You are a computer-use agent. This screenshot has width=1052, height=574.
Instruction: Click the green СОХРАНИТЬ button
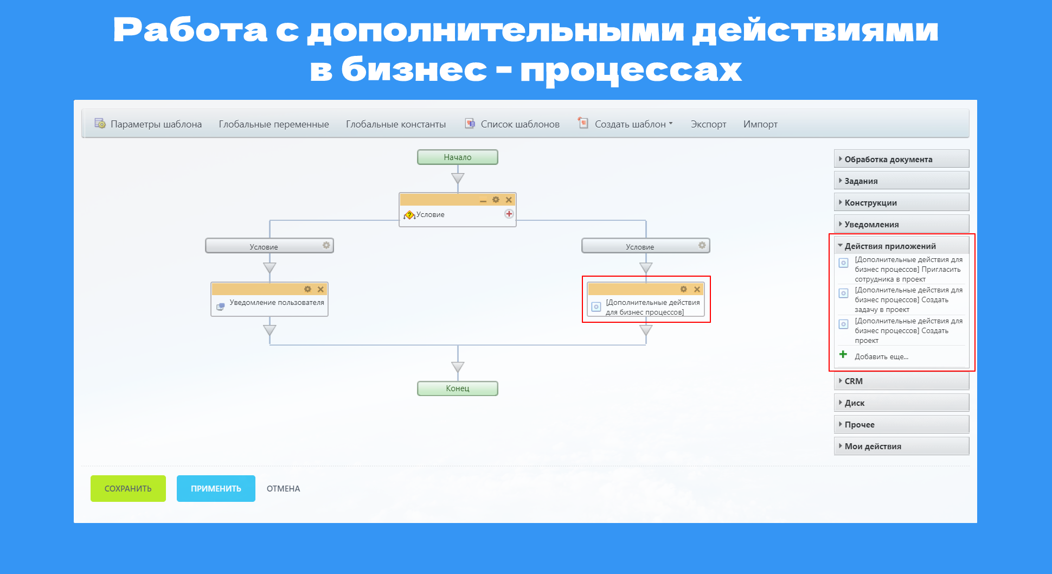tap(128, 488)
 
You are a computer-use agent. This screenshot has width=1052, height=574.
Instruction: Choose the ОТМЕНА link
tap(283, 489)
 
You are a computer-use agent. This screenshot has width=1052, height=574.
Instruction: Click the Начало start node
tap(458, 157)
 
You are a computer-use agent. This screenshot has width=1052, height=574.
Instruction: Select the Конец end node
tap(458, 388)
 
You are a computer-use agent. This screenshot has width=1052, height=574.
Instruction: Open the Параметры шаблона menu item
tap(148, 124)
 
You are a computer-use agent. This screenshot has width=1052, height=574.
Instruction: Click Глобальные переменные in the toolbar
tap(274, 124)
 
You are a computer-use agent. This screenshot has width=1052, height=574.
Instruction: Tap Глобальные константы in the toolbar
tap(396, 124)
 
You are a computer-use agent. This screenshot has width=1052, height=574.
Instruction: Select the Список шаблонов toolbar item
tap(512, 124)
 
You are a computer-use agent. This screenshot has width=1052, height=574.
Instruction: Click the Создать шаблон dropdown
tap(625, 124)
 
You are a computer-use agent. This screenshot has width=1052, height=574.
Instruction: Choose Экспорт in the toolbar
tap(708, 124)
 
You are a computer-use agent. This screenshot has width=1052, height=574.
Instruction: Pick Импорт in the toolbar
tap(760, 124)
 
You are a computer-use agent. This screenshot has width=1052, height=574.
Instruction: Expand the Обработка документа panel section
tap(901, 159)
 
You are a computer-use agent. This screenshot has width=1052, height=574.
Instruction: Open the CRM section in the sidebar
tap(901, 381)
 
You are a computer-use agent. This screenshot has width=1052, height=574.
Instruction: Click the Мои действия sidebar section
tap(901, 446)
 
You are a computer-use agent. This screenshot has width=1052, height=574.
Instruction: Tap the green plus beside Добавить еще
tap(843, 355)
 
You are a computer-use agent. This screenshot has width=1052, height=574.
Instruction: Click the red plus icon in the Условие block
tap(509, 214)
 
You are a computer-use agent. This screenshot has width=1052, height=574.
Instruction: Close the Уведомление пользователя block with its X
tap(320, 289)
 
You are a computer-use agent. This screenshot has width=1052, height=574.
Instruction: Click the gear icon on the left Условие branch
tap(326, 245)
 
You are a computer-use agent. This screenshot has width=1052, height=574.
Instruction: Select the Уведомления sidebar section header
tap(901, 224)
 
